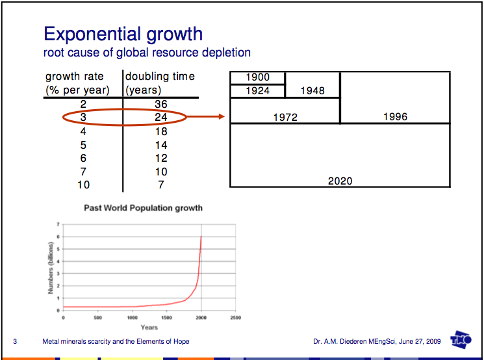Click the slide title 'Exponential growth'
[123, 34]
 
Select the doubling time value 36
[161, 104]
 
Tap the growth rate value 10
[83, 185]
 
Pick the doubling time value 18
[161, 131]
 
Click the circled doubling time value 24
[161, 118]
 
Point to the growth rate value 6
[83, 158]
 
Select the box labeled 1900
[258, 78]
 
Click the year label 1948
[312, 91]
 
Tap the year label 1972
[285, 118]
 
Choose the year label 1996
[395, 117]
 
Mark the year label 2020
[340, 181]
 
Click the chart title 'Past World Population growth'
[143, 209]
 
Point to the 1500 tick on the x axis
[166, 318]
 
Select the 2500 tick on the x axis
[235, 318]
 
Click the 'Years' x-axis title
[149, 328]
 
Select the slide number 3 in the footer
[15, 341]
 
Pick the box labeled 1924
[258, 91]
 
